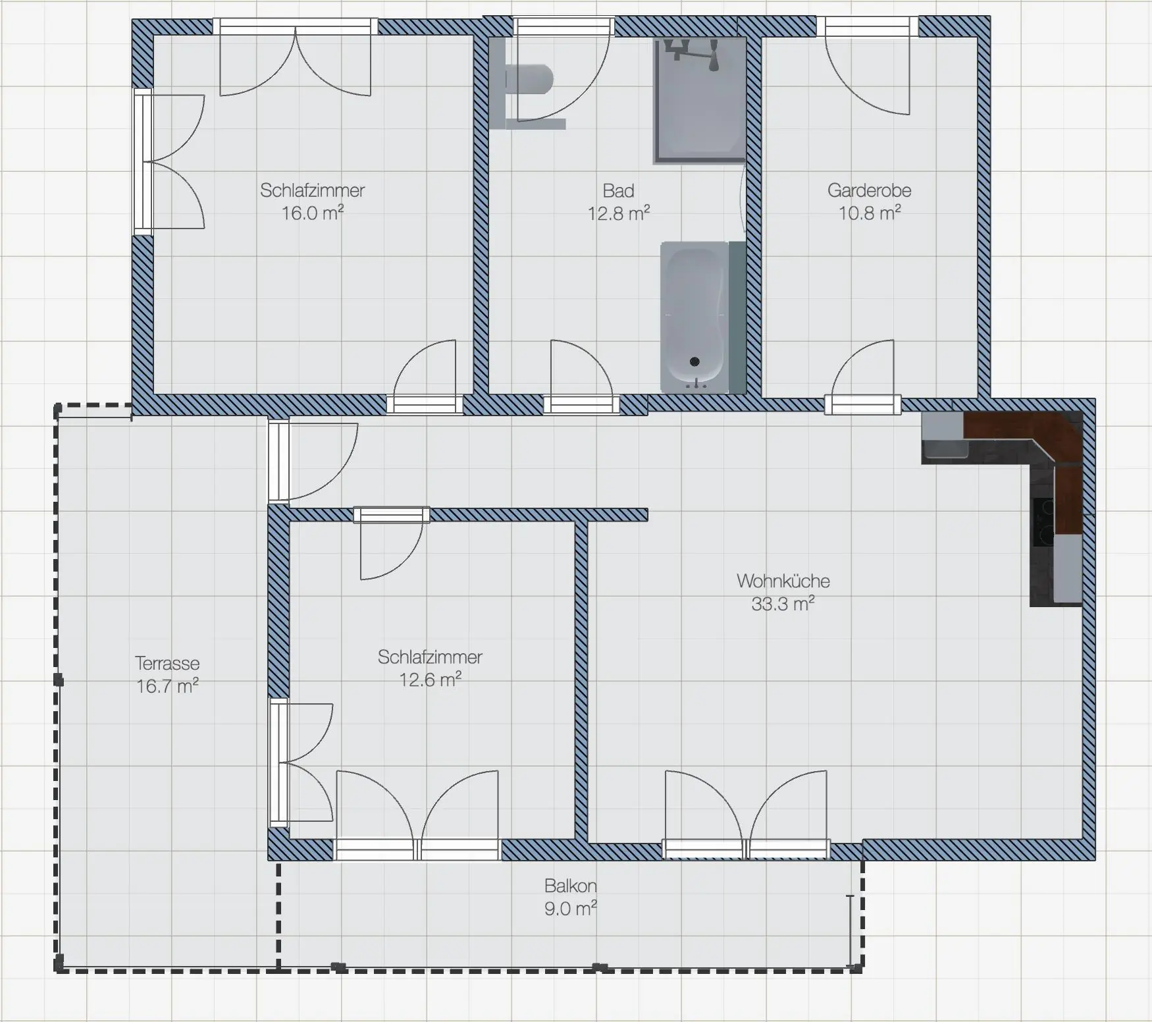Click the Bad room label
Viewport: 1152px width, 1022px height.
[618, 191]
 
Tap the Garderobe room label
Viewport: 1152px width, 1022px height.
[869, 190]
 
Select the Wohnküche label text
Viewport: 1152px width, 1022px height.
[783, 581]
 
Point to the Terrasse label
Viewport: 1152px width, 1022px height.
[167, 663]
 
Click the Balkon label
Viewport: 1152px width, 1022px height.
[570, 886]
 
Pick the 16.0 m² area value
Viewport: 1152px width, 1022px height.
[313, 213]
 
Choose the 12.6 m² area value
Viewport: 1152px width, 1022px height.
[430, 679]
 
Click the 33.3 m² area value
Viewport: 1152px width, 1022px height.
[783, 603]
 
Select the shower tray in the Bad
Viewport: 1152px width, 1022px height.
[700, 99]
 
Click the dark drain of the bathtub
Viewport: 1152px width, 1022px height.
[694, 362]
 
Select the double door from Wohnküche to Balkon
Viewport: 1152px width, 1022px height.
[746, 815]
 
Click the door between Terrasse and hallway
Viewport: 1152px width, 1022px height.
[312, 461]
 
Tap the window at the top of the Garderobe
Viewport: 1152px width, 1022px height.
[868, 65]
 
